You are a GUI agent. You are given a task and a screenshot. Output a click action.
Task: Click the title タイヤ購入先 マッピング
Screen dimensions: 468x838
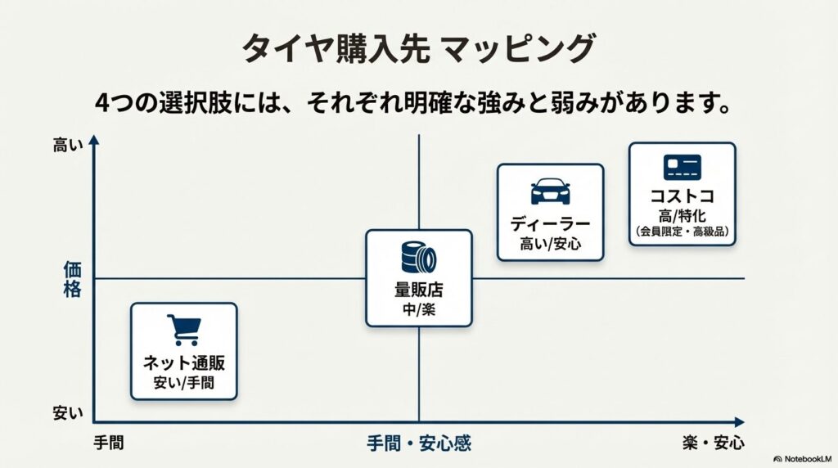418,49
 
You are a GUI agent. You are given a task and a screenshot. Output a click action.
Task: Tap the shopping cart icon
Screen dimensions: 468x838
183,330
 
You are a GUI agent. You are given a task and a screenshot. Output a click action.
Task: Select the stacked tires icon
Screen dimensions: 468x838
418,258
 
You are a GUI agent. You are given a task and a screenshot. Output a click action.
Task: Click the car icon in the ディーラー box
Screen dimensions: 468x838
550,191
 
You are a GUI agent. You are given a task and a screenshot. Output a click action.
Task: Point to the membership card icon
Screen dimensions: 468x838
682,168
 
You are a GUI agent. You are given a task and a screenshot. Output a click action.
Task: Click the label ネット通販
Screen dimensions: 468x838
183,364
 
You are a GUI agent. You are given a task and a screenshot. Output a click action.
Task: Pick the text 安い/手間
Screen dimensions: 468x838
183,382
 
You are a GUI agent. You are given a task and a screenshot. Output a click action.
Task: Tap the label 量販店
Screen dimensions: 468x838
418,290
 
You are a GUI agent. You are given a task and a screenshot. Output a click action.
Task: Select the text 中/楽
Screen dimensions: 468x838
418,310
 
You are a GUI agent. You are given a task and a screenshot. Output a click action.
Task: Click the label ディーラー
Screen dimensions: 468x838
550,223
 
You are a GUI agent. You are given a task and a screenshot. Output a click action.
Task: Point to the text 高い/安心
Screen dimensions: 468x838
550,243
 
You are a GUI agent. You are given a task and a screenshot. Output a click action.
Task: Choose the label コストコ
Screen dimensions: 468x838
682,197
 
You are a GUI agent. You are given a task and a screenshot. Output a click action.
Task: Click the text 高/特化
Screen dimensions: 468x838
682,216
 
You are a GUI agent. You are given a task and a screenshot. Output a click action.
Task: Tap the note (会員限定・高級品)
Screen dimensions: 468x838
682,232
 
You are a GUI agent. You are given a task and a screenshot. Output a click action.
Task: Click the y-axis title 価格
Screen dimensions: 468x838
72,279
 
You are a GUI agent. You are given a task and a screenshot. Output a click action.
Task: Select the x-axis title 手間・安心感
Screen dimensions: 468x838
418,444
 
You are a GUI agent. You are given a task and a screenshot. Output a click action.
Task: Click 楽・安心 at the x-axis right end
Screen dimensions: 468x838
714,443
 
